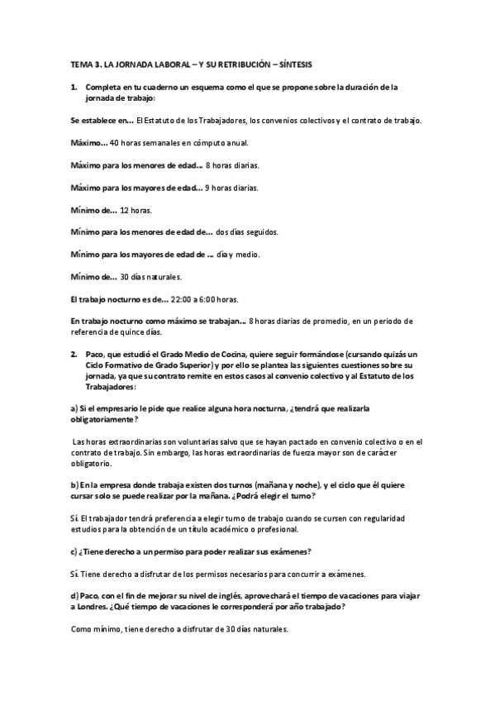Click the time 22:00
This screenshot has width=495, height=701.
(181, 298)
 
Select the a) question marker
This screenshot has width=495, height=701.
(74, 408)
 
